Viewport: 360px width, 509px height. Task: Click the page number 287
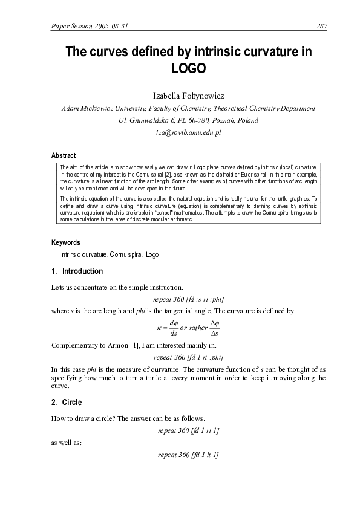tap(322, 25)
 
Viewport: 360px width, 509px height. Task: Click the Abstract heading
tap(64, 155)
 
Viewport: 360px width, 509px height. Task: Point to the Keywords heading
tap(66, 242)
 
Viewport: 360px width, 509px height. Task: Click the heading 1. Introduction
tap(77, 271)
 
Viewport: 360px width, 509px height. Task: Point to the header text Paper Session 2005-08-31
tap(91, 25)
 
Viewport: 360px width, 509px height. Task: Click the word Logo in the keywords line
tap(152, 255)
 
